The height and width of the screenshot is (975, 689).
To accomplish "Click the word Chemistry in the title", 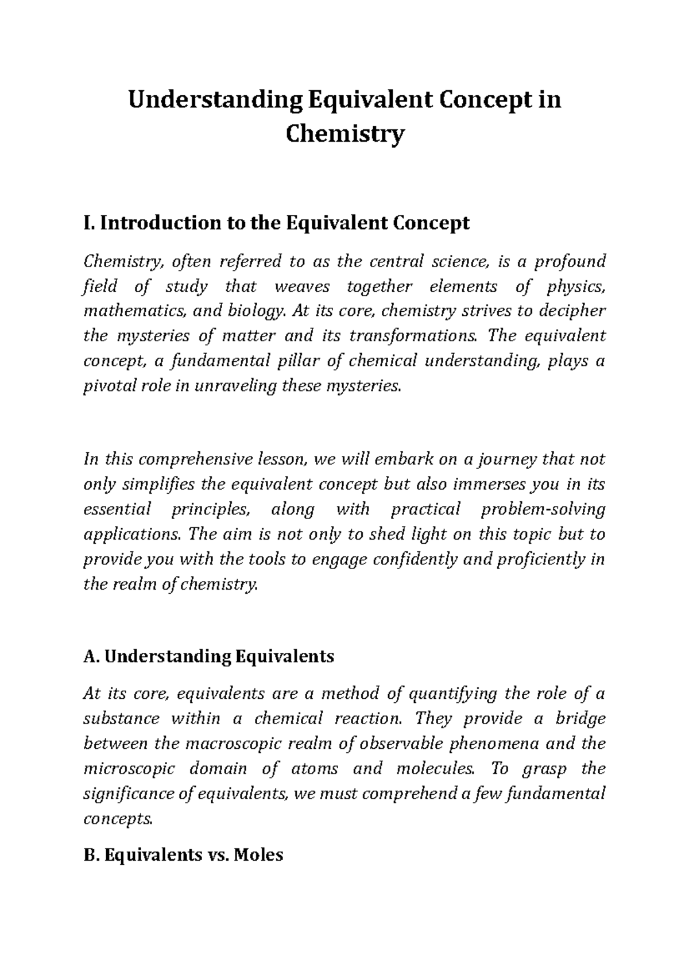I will tap(344, 136).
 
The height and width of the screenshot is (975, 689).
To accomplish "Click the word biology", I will tap(256, 311).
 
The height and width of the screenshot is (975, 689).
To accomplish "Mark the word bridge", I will tap(580, 719).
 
